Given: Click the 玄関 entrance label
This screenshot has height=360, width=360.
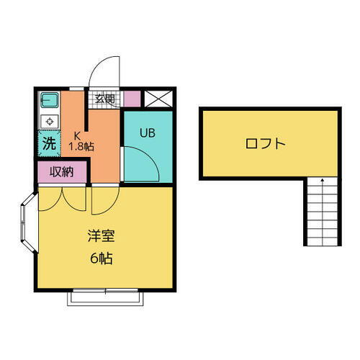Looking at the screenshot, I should click(x=104, y=99).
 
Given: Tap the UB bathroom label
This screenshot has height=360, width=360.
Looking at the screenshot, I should click(x=148, y=132).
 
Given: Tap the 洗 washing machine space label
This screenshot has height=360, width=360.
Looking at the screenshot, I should click(x=48, y=143).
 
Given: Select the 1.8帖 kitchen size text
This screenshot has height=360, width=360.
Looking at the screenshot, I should click(x=81, y=147).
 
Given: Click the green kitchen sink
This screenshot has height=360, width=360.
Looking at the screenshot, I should click(x=49, y=99).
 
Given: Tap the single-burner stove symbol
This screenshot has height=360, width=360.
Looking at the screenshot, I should click(x=49, y=120).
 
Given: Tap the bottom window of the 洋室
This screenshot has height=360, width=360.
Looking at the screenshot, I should click(x=105, y=294).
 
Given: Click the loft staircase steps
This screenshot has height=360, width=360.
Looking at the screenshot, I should click(x=322, y=212).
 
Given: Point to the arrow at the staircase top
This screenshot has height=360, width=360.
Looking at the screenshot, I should click(x=322, y=180).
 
